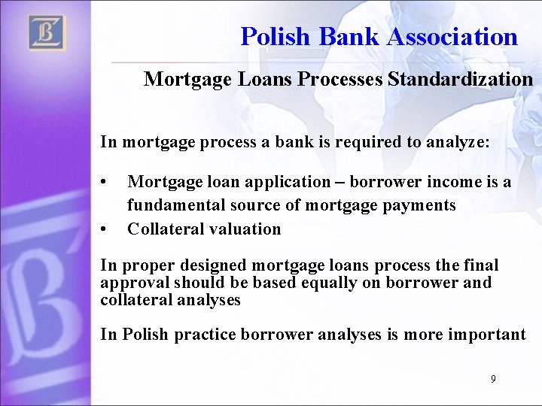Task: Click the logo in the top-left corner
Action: click(47, 33)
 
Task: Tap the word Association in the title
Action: click(452, 36)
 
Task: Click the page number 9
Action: click(493, 379)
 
